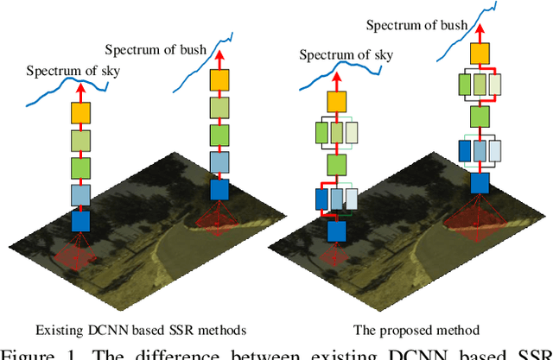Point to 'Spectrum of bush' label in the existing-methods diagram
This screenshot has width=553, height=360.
(156, 49)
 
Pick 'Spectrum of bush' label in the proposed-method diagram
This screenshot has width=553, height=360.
(415, 26)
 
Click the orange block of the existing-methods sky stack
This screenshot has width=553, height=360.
(79, 111)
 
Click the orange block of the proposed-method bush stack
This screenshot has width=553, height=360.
(479, 54)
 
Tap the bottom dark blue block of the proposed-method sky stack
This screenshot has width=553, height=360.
(335, 231)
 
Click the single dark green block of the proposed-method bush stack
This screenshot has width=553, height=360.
(479, 115)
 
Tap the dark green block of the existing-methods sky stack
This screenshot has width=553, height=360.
(79, 167)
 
